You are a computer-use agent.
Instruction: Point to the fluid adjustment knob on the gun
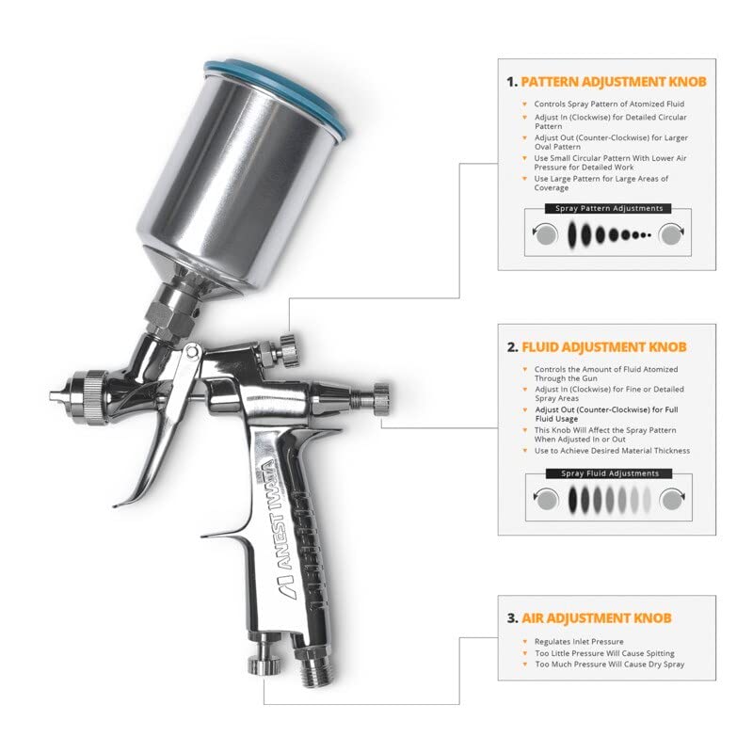pyautogui.click(x=381, y=399)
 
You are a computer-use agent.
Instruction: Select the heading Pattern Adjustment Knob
pyautogui.click(x=614, y=82)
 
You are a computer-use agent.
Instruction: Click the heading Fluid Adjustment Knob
pyautogui.click(x=603, y=347)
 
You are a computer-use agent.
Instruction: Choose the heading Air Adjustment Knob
pyautogui.click(x=597, y=618)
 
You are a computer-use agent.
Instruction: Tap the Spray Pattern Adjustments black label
pyautogui.click(x=608, y=208)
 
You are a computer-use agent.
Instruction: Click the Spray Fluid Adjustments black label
pyautogui.click(x=609, y=473)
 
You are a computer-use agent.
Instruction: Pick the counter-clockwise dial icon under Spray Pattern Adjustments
pyautogui.click(x=545, y=234)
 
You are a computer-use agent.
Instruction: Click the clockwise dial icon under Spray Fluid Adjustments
pyautogui.click(x=672, y=500)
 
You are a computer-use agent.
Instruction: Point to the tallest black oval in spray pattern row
pyautogui.click(x=571, y=234)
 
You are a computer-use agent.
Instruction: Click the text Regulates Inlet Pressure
pyautogui.click(x=579, y=642)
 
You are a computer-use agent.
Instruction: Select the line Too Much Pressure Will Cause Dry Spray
pyautogui.click(x=610, y=665)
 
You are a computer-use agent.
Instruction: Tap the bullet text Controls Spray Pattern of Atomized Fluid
pyautogui.click(x=609, y=104)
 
